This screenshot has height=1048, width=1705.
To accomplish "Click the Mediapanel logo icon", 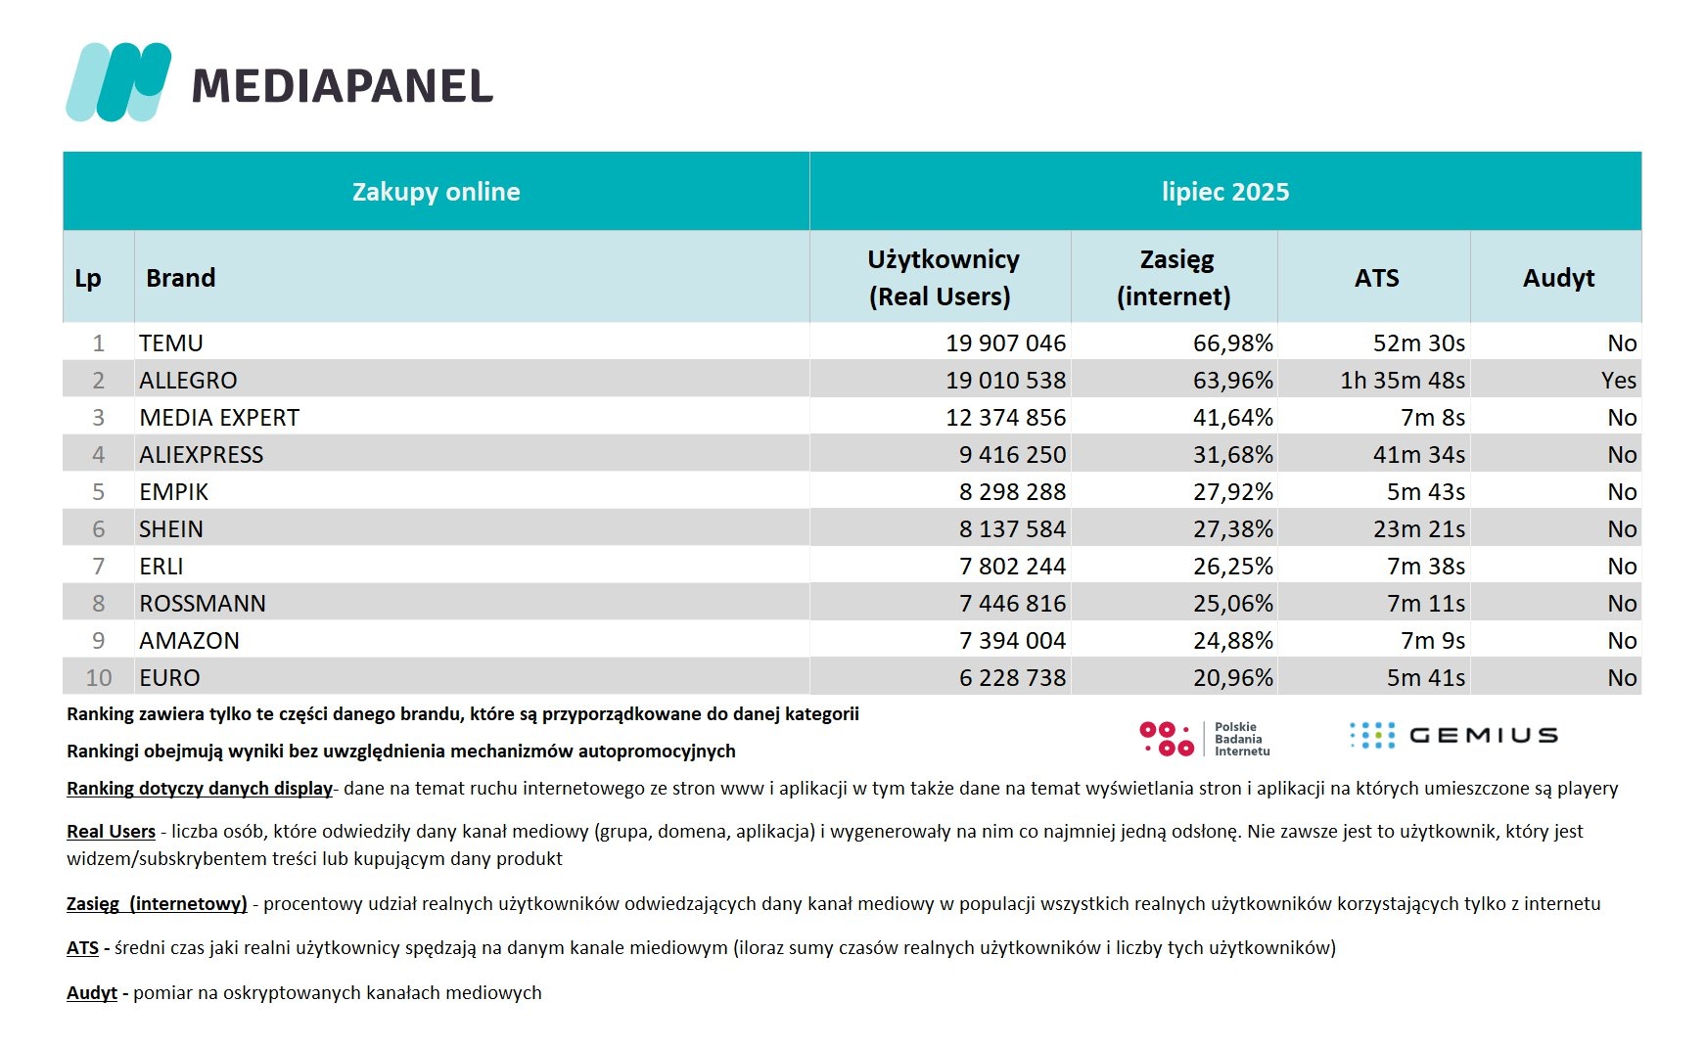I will [117, 82].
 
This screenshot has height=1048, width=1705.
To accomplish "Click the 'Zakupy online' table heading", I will [436, 192].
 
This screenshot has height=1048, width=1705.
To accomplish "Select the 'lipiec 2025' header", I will [1225, 192].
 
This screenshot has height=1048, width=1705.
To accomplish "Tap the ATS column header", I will [1376, 278].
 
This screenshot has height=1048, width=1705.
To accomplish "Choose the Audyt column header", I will [1558, 278].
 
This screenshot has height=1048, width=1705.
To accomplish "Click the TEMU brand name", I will [171, 343].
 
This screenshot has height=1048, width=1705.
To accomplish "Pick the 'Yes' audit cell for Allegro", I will [1619, 381].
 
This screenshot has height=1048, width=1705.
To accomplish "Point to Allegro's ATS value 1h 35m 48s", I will [1403, 381].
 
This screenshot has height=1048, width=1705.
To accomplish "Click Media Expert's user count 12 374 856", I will [1005, 418].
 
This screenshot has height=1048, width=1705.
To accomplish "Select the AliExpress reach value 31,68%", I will [1232, 455].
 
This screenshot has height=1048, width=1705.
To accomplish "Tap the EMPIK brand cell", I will [174, 492].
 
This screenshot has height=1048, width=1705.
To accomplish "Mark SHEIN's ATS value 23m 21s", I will [1418, 529].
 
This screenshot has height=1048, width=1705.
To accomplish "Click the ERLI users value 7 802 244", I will [1012, 567].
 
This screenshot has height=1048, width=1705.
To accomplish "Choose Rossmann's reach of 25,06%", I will [1232, 604].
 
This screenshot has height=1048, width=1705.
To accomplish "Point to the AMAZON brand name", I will [189, 641].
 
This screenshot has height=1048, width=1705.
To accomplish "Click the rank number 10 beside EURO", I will [99, 678].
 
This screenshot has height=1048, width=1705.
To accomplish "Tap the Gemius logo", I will [1452, 736].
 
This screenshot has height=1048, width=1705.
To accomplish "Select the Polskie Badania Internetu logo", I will [1204, 739].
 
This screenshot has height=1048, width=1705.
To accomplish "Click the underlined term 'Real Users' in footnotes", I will [111, 832].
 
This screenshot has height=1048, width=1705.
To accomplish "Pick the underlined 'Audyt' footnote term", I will [92, 993].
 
